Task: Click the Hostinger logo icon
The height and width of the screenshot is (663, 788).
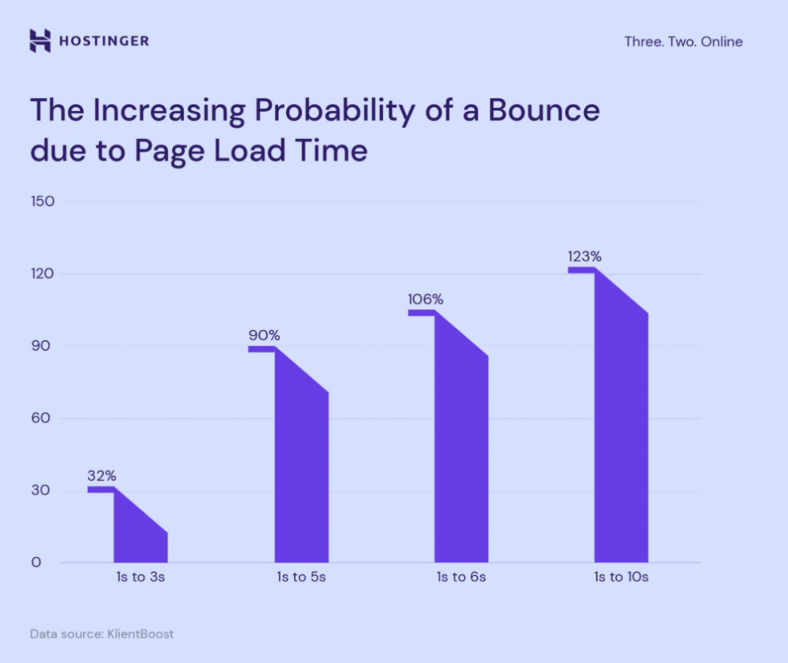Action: tap(40, 41)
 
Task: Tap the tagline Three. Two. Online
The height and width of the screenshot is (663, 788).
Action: tap(683, 42)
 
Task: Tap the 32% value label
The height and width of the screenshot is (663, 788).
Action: tap(101, 475)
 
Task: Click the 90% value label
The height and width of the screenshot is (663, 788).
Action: tap(264, 335)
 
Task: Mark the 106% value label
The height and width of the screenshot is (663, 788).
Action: tap(425, 299)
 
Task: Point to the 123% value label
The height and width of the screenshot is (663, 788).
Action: tap(584, 256)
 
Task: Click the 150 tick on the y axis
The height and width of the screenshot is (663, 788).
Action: tap(42, 201)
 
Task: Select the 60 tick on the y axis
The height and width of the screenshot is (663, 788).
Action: tap(42, 419)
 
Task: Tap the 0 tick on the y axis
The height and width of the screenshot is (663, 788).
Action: tap(36, 563)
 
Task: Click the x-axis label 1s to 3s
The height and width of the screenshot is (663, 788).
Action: tap(141, 578)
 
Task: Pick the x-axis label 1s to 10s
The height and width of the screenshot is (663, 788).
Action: tap(621, 578)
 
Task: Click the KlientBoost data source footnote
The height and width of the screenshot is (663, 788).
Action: tap(101, 634)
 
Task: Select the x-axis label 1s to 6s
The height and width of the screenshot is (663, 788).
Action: tap(461, 578)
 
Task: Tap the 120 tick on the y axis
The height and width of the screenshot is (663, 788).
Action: tap(42, 274)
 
